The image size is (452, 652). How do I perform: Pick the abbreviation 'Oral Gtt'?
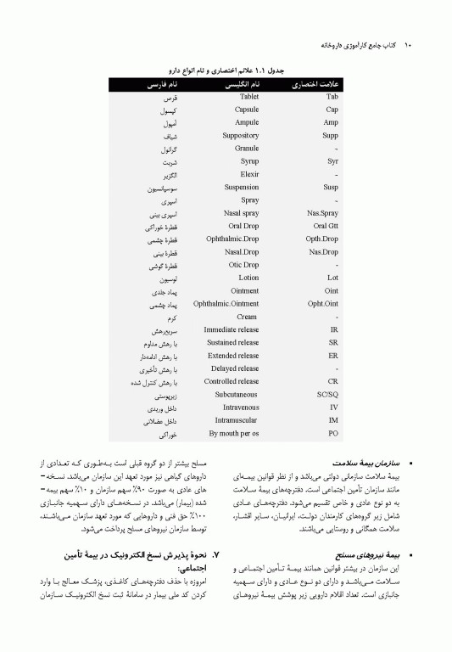pyautogui.click(x=326, y=226)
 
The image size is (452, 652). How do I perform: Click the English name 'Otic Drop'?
pyautogui.click(x=244, y=265)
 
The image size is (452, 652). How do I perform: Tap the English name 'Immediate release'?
pyautogui.click(x=232, y=329)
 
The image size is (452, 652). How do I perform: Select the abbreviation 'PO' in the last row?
pyautogui.click(x=333, y=434)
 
